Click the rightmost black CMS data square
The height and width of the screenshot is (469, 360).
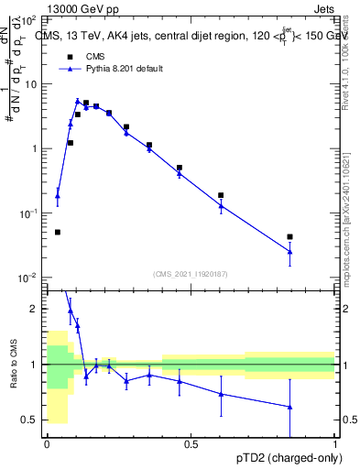tap(289, 237)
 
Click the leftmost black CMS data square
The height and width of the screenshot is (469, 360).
tap(58, 232)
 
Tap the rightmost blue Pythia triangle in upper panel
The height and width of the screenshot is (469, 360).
tap(289, 251)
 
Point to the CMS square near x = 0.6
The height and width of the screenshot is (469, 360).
tap(221, 195)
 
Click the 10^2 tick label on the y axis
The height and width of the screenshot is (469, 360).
tap(27, 19)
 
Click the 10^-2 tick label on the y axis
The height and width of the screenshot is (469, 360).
tap(27, 278)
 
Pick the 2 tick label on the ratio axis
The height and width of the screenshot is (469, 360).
tap(34, 309)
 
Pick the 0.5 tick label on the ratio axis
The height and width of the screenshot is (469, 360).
tap(30, 420)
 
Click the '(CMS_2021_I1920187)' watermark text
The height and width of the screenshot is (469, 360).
tap(190, 272)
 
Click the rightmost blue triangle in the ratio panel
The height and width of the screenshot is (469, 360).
tap(289, 407)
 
